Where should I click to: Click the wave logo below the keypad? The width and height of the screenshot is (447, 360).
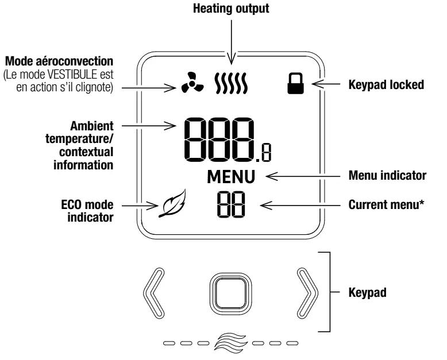230,342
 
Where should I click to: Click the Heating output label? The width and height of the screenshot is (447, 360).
230,9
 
